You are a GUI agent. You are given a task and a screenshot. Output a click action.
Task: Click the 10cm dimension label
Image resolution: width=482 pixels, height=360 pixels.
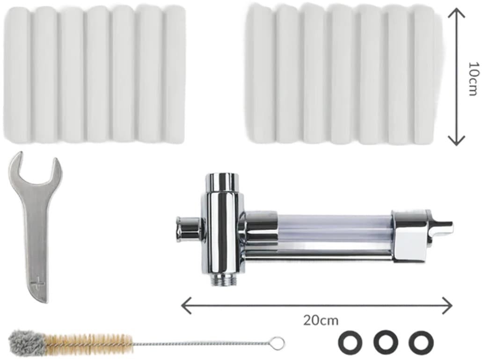473,79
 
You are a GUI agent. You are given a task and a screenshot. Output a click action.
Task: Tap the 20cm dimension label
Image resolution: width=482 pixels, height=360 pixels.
321,320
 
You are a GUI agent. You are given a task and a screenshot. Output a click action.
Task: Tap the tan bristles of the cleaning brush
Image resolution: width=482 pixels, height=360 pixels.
88,342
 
